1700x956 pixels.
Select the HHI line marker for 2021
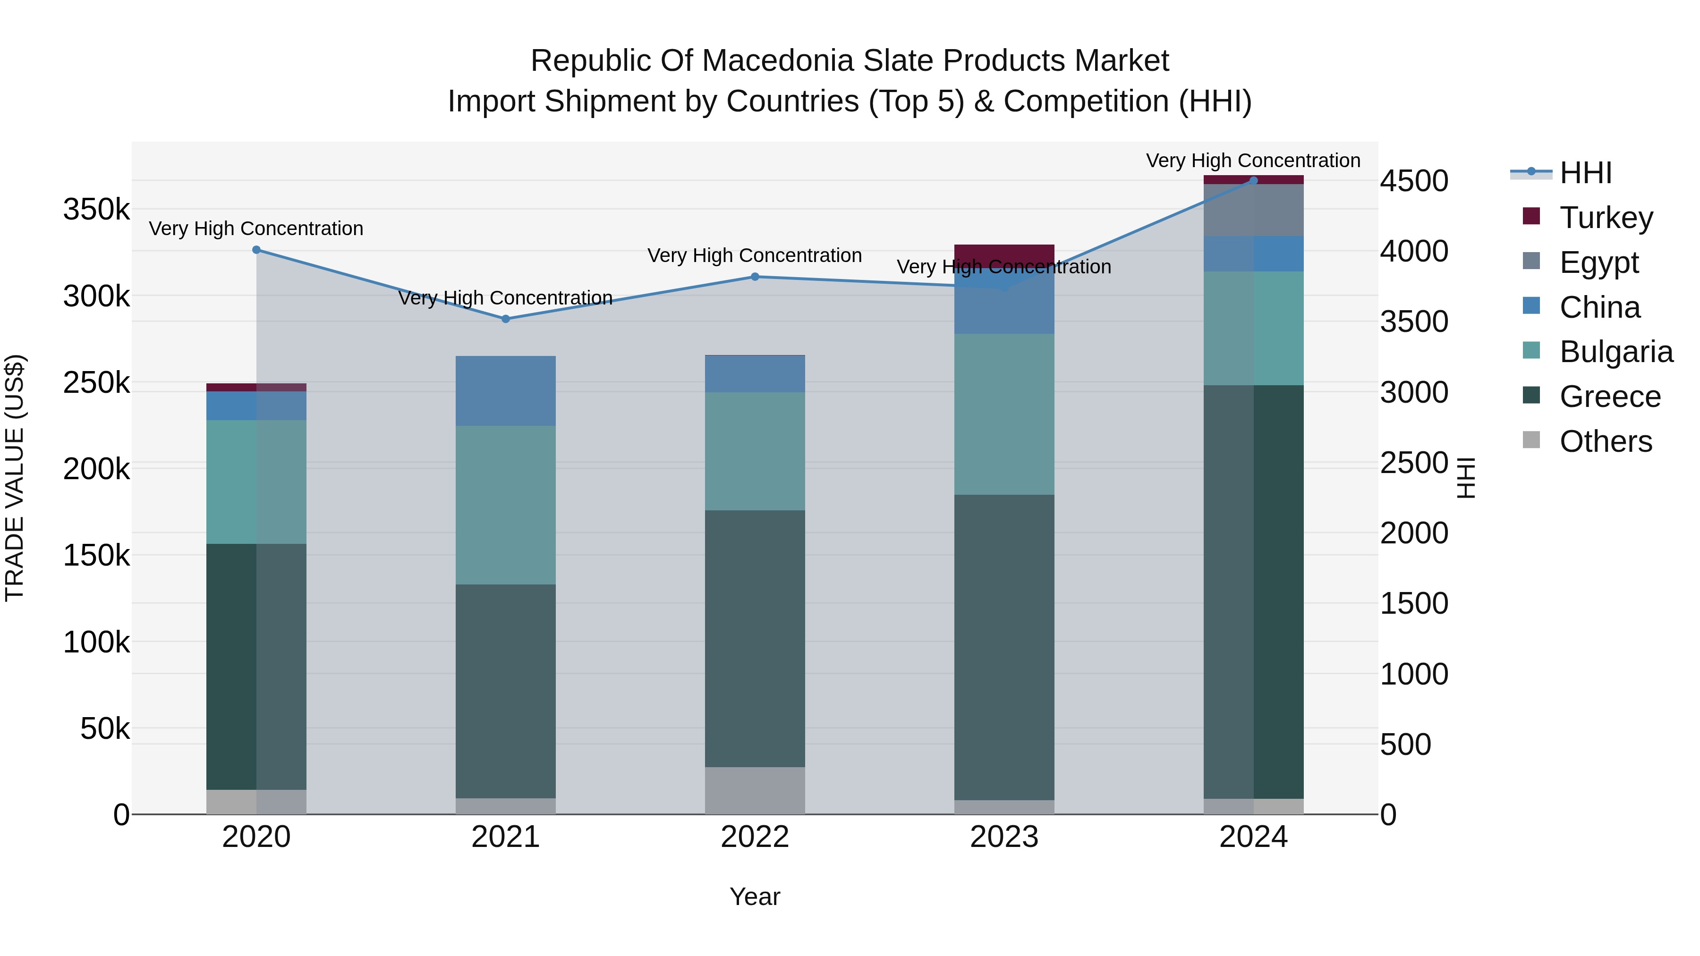pyautogui.click(x=505, y=319)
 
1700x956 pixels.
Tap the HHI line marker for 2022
pyautogui.click(x=755, y=277)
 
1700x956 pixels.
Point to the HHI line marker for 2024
pyautogui.click(x=1253, y=181)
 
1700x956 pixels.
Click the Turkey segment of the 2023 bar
pyautogui.click(x=1004, y=254)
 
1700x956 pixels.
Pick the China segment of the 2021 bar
pyautogui.click(x=505, y=390)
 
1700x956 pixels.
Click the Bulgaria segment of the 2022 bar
pyautogui.click(x=755, y=451)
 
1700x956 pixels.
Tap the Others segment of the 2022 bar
pyautogui.click(x=755, y=790)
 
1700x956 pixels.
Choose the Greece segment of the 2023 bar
pyautogui.click(x=1004, y=647)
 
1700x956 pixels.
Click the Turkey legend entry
pyautogui.click(x=1606, y=218)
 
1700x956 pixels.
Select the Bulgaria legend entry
pyautogui.click(x=1615, y=352)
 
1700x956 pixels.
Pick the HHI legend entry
pyautogui.click(x=1585, y=173)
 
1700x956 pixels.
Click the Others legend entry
pyautogui.click(x=1605, y=441)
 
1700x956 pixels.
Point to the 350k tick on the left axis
pyautogui.click(x=96, y=210)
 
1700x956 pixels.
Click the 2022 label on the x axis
pyautogui.click(x=755, y=837)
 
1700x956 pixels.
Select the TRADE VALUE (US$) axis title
pyautogui.click(x=15, y=478)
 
